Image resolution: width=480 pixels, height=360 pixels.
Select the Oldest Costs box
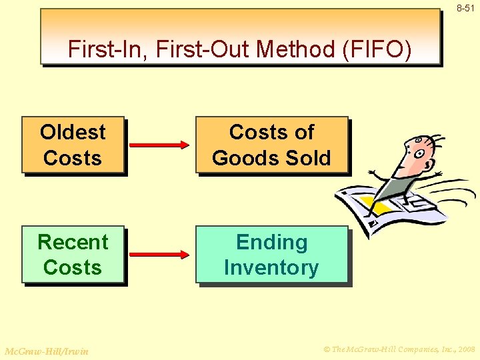pyautogui.click(x=73, y=145)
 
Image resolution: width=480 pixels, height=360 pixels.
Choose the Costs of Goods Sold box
pyautogui.click(x=271, y=145)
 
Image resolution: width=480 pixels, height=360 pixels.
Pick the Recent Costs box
pyautogui.click(x=73, y=255)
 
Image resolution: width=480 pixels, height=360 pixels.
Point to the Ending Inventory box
pyautogui.click(x=271, y=255)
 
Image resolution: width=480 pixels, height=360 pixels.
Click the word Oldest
pyautogui.click(x=73, y=132)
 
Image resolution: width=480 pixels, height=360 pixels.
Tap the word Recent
pyautogui.click(x=73, y=241)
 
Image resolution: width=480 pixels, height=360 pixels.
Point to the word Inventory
pyautogui.click(x=271, y=268)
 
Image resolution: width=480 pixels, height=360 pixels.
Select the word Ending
pyautogui.click(x=271, y=242)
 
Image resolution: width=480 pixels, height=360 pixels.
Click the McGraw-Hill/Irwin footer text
pyautogui.click(x=46, y=351)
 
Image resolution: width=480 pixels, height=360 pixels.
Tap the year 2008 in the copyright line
pyautogui.click(x=463, y=348)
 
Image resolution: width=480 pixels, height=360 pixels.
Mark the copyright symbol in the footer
pyautogui.click(x=327, y=348)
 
